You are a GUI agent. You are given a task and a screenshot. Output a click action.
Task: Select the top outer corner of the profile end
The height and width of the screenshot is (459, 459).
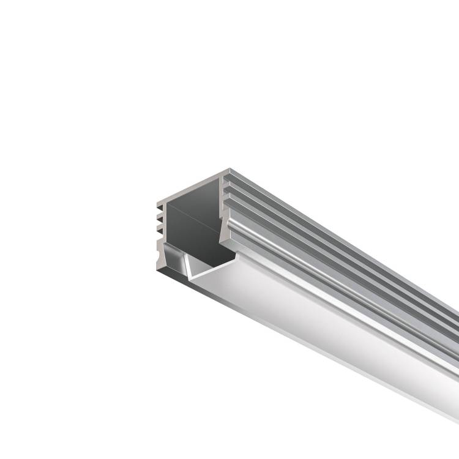[229, 169]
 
